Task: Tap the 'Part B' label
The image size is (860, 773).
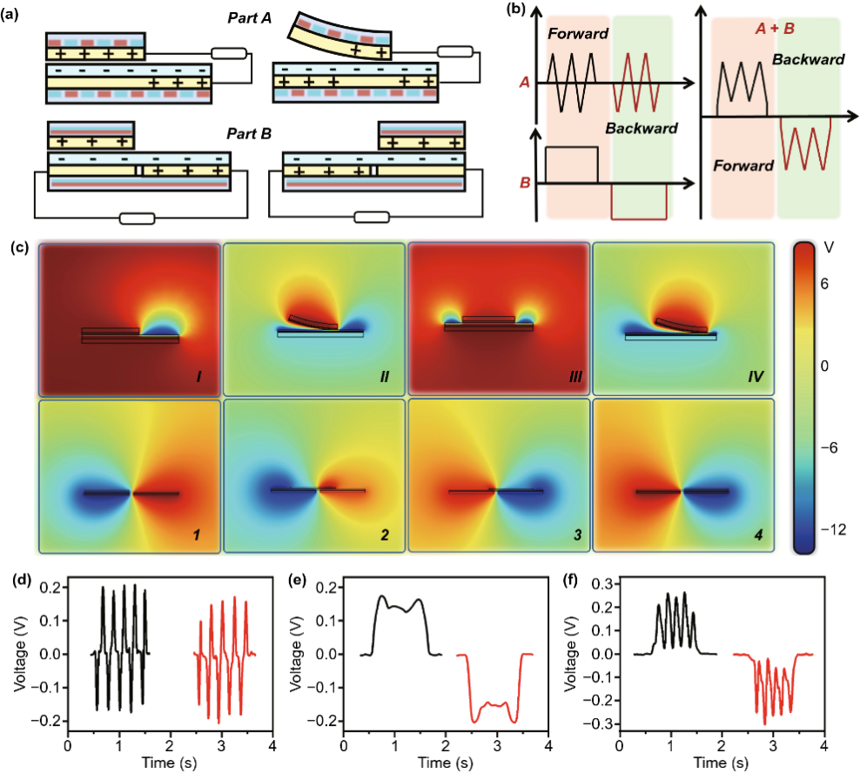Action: click(x=246, y=134)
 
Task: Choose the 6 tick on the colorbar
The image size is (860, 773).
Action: click(x=824, y=284)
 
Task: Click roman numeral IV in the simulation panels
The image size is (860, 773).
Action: click(x=755, y=379)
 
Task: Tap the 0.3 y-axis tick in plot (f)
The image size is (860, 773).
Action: click(x=601, y=584)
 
